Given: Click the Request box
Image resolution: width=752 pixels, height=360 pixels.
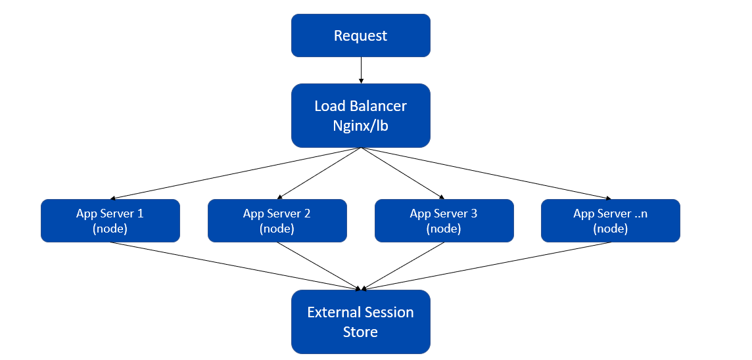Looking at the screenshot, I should tap(360, 35).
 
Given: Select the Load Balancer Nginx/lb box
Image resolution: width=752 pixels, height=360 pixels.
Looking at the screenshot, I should tap(360, 115).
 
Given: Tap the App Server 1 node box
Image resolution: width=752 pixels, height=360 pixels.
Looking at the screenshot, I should tap(110, 221).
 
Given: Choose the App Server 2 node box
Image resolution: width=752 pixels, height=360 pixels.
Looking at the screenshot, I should tap(277, 221).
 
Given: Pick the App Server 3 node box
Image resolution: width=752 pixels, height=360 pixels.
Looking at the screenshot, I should tap(444, 221).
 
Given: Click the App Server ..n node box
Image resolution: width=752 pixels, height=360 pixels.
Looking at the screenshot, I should tap(610, 221).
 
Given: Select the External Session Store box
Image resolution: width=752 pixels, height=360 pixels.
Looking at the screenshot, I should tap(360, 321).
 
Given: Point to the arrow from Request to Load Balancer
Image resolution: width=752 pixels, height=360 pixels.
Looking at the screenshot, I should tap(360, 70).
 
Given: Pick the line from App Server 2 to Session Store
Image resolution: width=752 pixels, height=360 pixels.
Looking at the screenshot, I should tap(319, 265).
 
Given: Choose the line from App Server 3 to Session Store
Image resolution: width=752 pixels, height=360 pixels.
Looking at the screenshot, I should tap(402, 265).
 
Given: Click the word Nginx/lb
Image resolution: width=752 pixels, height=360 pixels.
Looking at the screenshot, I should tap(360, 125).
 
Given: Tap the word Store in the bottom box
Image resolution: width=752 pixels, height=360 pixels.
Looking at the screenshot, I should tap(360, 332).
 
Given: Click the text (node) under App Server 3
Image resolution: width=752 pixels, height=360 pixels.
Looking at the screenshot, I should tap(444, 229).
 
